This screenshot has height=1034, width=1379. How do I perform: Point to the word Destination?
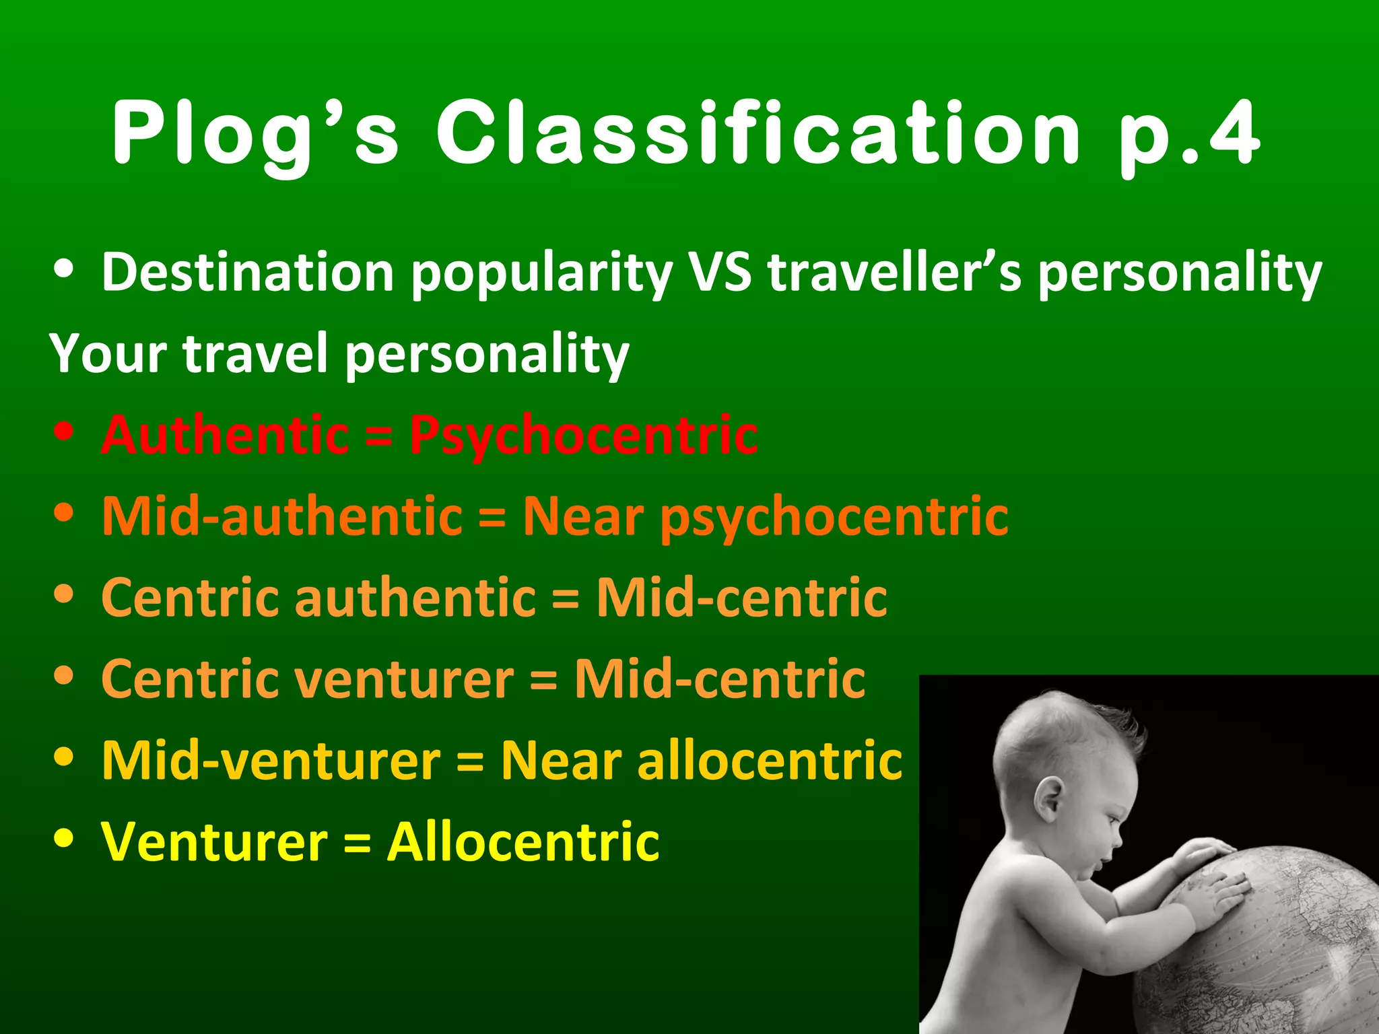click(247, 273)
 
